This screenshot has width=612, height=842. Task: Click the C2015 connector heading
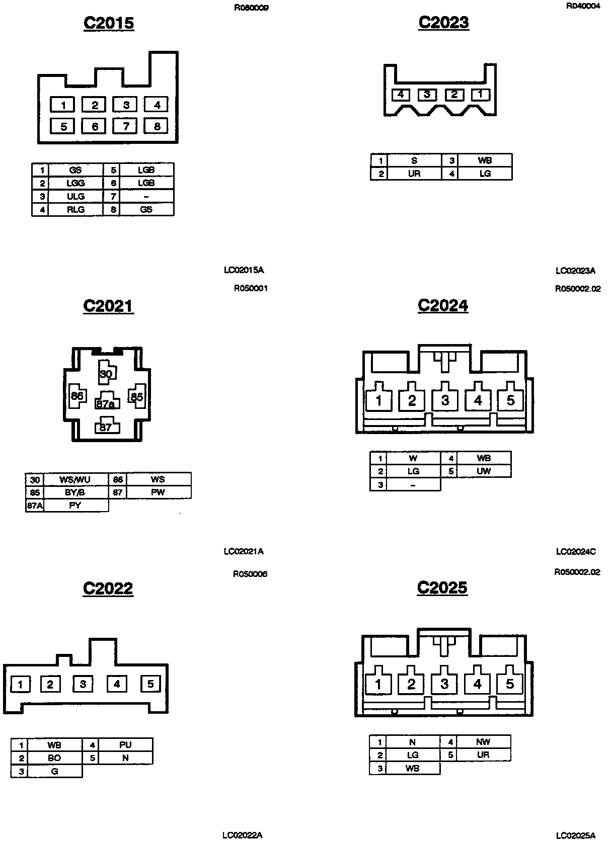109,23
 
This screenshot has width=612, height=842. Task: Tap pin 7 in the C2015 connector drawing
126,126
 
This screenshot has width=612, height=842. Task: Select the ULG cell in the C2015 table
75,196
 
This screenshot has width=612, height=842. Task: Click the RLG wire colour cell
75,209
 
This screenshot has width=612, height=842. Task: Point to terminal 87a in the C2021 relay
106,402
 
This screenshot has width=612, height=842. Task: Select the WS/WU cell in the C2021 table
75,479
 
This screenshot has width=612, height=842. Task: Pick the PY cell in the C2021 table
75,506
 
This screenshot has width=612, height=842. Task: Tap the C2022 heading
108,588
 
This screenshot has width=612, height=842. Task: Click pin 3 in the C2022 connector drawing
83,684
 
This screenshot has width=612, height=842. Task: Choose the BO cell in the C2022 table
54,757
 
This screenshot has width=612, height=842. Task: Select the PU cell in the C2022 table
125,744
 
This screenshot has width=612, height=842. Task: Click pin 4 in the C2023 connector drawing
401,95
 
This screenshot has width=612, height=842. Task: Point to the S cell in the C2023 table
414,161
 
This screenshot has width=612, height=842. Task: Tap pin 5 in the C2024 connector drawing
510,400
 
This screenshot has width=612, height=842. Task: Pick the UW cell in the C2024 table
483,471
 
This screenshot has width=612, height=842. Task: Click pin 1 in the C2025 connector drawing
378,684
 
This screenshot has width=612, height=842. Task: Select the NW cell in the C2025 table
482,742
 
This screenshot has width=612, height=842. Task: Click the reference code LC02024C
576,551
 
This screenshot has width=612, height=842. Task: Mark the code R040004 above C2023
583,7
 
